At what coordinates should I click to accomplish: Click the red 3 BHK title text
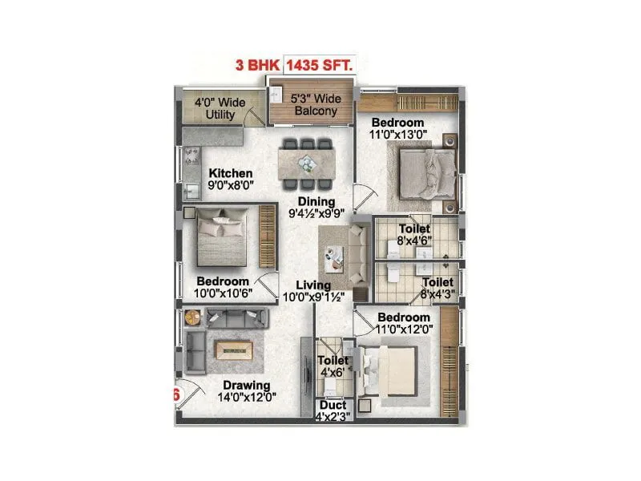click(256, 67)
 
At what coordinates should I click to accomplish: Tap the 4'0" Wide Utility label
click(220, 108)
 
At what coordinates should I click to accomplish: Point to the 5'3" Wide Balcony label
click(316, 105)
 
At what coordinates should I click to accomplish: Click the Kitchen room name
click(231, 173)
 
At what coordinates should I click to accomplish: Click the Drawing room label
click(247, 386)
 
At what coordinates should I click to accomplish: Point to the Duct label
click(331, 406)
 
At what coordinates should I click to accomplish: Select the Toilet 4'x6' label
click(331, 367)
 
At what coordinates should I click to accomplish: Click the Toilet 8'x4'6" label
click(415, 235)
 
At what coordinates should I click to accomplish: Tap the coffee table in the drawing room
click(234, 350)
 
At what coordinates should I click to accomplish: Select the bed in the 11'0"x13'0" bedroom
click(425, 168)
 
